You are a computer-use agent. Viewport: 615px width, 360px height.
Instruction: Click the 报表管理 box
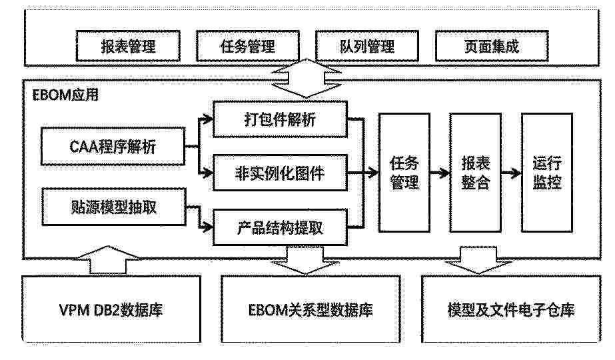coord(128,46)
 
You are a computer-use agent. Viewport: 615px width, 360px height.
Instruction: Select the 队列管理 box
coord(367,46)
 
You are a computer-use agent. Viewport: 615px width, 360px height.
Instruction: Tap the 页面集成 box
coord(492,46)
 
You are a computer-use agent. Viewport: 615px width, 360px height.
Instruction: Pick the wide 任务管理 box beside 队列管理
coord(248,46)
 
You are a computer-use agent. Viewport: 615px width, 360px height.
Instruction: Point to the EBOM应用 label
coord(65,95)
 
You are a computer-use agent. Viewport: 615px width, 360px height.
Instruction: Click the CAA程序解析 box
coord(113,146)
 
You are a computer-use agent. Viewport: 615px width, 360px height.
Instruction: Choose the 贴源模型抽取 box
coord(114,207)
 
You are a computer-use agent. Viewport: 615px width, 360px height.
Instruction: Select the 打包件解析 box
coord(280,119)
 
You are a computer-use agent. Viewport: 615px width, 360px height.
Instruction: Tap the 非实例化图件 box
coord(280,173)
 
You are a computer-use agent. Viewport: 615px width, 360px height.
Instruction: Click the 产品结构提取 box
coord(280,227)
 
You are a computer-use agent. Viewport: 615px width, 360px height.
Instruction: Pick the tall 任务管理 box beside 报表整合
coord(404,173)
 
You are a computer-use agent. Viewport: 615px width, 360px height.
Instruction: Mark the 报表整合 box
coord(475,173)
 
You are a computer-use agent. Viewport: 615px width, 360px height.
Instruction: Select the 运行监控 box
coord(547,173)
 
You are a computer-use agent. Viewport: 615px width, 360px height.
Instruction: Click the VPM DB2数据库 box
coord(111,309)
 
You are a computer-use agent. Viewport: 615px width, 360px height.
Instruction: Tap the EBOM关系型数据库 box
coord(310,309)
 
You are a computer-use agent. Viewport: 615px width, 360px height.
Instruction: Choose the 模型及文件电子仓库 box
coord(511,309)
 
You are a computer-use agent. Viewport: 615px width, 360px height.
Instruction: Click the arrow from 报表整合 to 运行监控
coord(511,173)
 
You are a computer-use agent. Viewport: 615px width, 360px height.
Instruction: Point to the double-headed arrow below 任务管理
coord(307,79)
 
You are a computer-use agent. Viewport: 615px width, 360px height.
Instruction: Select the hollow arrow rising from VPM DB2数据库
coord(107,260)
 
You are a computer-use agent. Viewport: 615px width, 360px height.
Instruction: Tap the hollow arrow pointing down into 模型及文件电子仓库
coord(478,260)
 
